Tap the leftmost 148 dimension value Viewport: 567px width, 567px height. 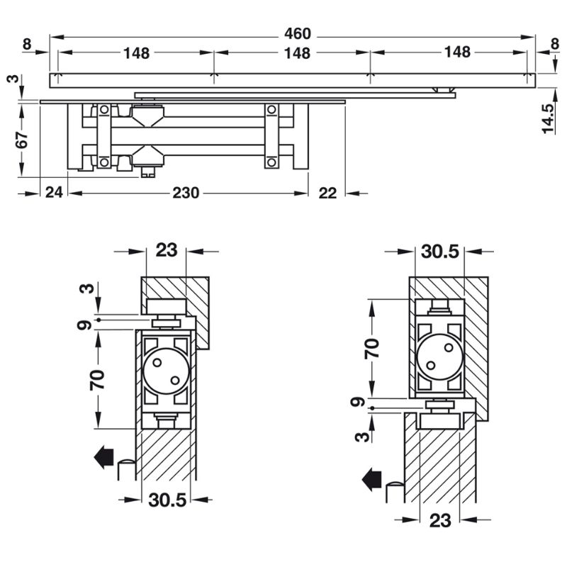point(137,52)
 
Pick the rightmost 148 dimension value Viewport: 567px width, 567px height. point(457,52)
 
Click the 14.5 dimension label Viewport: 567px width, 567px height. point(546,118)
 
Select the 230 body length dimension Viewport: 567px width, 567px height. point(185,193)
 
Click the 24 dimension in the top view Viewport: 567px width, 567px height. point(53,193)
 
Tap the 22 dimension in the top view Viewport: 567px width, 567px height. point(327,193)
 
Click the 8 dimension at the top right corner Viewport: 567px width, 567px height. point(554,45)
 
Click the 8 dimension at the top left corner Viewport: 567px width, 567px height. point(26,45)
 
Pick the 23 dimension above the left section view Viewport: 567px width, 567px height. point(167,249)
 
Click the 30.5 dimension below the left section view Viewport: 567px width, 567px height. point(167,500)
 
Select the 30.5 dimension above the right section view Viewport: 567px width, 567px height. point(439,251)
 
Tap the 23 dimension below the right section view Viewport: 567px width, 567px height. point(440,521)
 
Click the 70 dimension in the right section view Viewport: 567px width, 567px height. point(371,347)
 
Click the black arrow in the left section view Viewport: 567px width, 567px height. point(103,457)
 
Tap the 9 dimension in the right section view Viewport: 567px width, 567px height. point(360,403)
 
